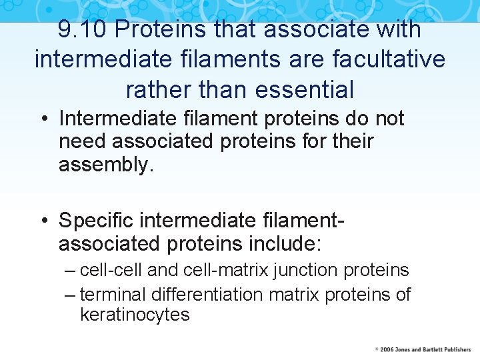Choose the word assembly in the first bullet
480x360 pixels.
(105, 165)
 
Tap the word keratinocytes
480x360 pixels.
(135, 315)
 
